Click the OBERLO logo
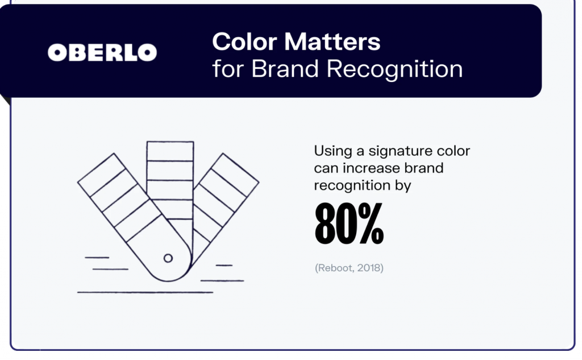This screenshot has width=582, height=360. [x=102, y=53]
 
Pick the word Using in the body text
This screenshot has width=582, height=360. [x=331, y=152]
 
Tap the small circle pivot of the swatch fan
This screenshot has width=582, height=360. [x=168, y=258]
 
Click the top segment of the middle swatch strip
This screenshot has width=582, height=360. [x=170, y=151]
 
